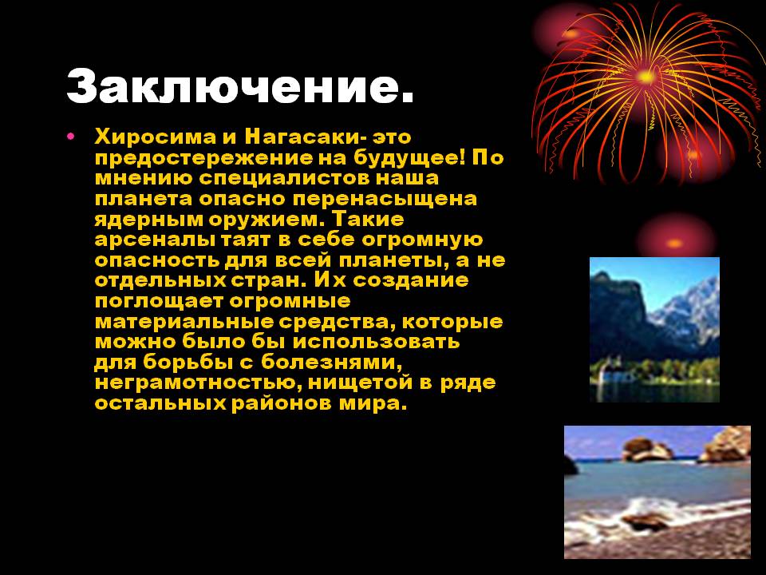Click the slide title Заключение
pyautogui.click(x=240, y=87)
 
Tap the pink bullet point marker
pyautogui.click(x=71, y=136)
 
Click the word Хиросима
pyautogui.click(x=155, y=137)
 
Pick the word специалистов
pyautogui.click(x=286, y=178)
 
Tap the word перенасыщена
pyautogui.click(x=385, y=199)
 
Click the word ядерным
pyautogui.click(x=149, y=220)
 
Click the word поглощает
pyautogui.click(x=158, y=301)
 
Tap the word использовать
pyautogui.click(x=376, y=341)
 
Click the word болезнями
pyautogui.click(x=332, y=363)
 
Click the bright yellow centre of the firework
pyautogui.click(x=646, y=77)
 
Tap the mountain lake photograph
pyautogui.click(x=654, y=330)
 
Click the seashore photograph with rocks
pyautogui.click(x=657, y=492)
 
